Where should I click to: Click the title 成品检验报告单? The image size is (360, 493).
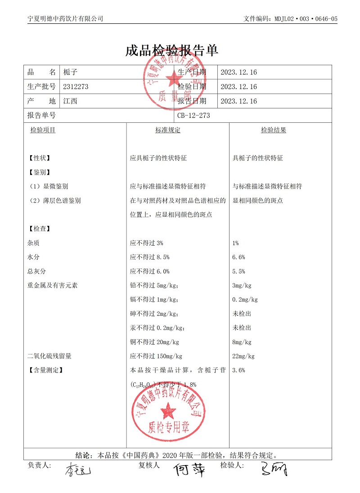click(x=172, y=50)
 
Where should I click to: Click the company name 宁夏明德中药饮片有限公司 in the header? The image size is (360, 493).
click(x=65, y=18)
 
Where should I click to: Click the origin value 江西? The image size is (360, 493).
click(x=71, y=101)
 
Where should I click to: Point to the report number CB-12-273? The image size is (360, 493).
click(x=193, y=116)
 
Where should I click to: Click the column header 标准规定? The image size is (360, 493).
click(x=168, y=130)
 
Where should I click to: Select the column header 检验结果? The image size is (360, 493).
click(x=274, y=130)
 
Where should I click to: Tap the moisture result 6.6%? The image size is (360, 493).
click(x=238, y=257)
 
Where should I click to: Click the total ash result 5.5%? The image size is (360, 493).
click(x=238, y=272)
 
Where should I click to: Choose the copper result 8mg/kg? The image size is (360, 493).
click(x=242, y=342)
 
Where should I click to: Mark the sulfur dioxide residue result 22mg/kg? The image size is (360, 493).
click(x=243, y=356)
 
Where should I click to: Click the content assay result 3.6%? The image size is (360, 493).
click(x=238, y=371)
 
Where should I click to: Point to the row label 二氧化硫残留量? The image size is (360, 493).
click(x=49, y=356)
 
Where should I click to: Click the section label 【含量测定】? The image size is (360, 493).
click(x=45, y=371)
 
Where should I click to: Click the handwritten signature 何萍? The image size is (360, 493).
click(x=190, y=470)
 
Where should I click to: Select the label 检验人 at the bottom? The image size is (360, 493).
click(x=231, y=465)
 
